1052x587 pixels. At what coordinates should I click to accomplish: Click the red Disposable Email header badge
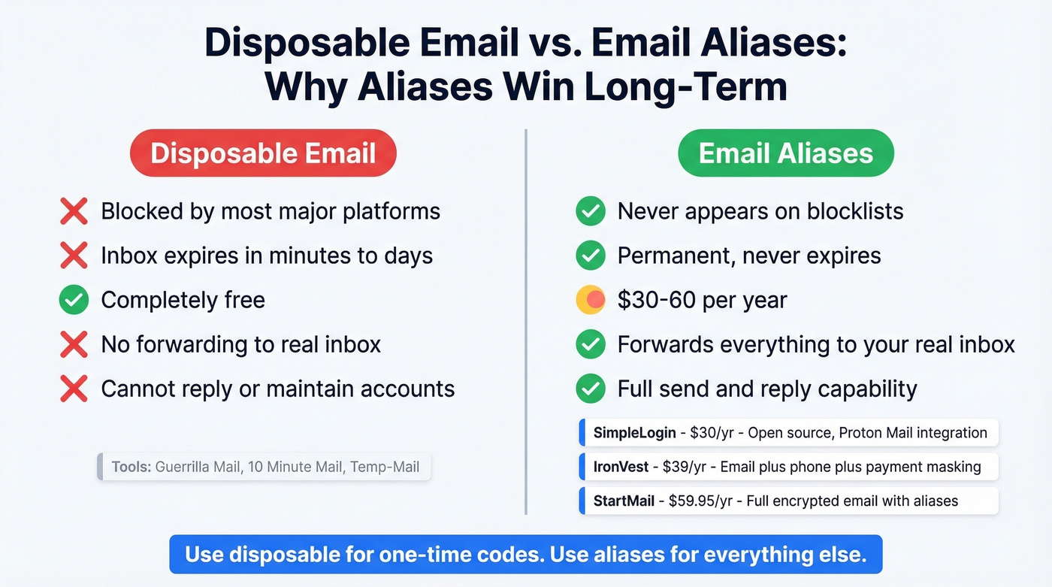point(263,153)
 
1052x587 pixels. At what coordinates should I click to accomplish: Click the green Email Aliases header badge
point(785,153)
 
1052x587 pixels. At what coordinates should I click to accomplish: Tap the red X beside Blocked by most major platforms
point(74,212)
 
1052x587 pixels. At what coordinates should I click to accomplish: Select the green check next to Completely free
point(74,301)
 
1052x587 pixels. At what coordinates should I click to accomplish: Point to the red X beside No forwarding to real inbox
point(74,345)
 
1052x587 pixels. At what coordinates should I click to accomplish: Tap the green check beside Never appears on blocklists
point(591,212)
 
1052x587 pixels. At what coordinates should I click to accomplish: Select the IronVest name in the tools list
point(621,467)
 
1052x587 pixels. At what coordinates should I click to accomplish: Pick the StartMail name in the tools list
point(624,501)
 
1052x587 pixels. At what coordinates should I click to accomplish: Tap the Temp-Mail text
point(384,467)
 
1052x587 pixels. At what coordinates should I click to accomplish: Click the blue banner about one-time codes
point(525,555)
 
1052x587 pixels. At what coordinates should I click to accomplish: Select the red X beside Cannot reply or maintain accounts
point(74,389)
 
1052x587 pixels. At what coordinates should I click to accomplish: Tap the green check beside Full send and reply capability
point(591,389)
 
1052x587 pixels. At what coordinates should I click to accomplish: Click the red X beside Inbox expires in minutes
point(74,256)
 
